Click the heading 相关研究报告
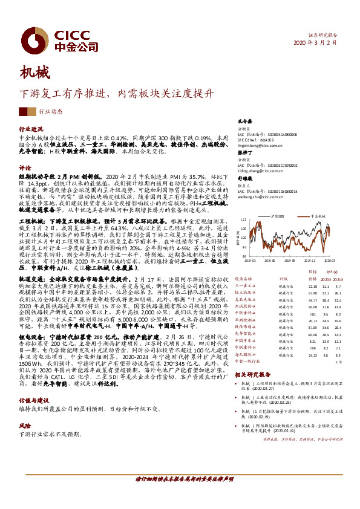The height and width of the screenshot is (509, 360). point(253,375)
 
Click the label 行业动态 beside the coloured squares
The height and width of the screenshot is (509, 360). point(50,112)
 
